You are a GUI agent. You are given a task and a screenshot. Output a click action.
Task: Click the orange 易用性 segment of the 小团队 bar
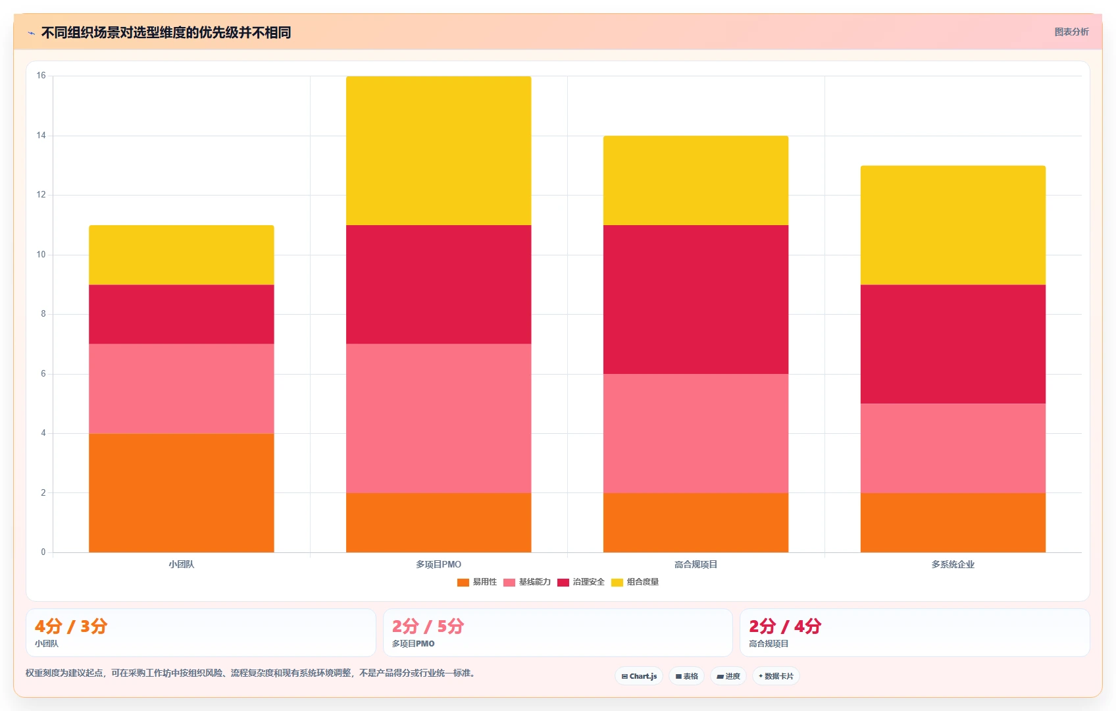[182, 492]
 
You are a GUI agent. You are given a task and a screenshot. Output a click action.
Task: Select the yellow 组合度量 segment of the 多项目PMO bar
[438, 151]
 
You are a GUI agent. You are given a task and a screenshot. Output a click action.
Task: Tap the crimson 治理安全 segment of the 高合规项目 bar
[696, 300]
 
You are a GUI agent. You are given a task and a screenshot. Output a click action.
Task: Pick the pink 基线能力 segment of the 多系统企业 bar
[953, 448]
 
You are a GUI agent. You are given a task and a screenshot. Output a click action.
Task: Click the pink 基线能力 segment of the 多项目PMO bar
[438, 418]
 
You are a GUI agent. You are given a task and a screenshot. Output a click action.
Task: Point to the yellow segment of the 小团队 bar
[182, 255]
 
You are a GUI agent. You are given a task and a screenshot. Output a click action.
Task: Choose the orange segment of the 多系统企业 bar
[953, 523]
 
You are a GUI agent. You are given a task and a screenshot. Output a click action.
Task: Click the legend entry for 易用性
[477, 582]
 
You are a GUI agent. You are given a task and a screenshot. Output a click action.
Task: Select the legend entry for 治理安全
[580, 582]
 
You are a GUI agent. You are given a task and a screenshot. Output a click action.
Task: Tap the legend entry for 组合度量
[635, 582]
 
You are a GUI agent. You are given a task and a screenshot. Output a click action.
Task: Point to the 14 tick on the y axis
[41, 135]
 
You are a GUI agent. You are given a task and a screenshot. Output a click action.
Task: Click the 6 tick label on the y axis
[43, 373]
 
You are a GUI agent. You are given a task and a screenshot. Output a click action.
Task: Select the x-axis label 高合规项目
[696, 564]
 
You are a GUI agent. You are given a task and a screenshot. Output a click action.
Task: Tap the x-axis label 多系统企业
[953, 564]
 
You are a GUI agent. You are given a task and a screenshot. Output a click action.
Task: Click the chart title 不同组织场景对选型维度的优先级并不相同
[166, 32]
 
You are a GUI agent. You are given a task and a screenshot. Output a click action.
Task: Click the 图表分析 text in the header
[1071, 32]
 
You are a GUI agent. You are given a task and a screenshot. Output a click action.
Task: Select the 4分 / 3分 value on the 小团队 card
[71, 625]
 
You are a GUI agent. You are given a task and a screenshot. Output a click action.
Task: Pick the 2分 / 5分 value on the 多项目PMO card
[428, 625]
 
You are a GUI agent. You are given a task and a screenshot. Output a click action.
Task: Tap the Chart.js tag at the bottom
[639, 676]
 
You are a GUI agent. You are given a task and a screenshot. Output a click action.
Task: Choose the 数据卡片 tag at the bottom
[776, 676]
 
